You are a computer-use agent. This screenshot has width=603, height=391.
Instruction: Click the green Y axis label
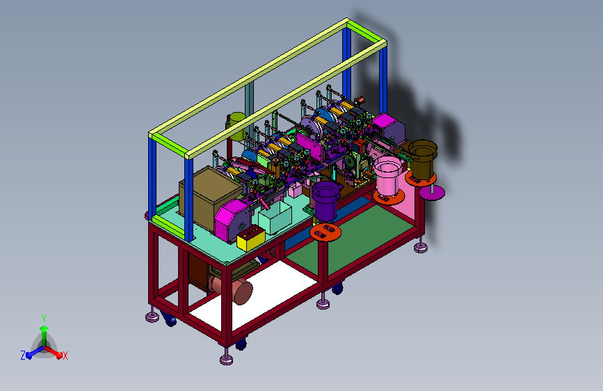tap(44, 319)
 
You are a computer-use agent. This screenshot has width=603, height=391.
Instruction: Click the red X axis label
tap(65, 356)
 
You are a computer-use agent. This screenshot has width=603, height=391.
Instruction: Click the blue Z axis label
tap(23, 356)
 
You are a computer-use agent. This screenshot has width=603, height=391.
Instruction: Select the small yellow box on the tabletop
tap(251, 238)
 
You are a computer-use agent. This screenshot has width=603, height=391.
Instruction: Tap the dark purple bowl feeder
tap(325, 200)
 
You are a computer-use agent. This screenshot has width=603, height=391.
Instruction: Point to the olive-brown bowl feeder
tap(423, 158)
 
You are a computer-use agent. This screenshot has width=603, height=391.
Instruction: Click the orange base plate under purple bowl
tap(325, 232)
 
